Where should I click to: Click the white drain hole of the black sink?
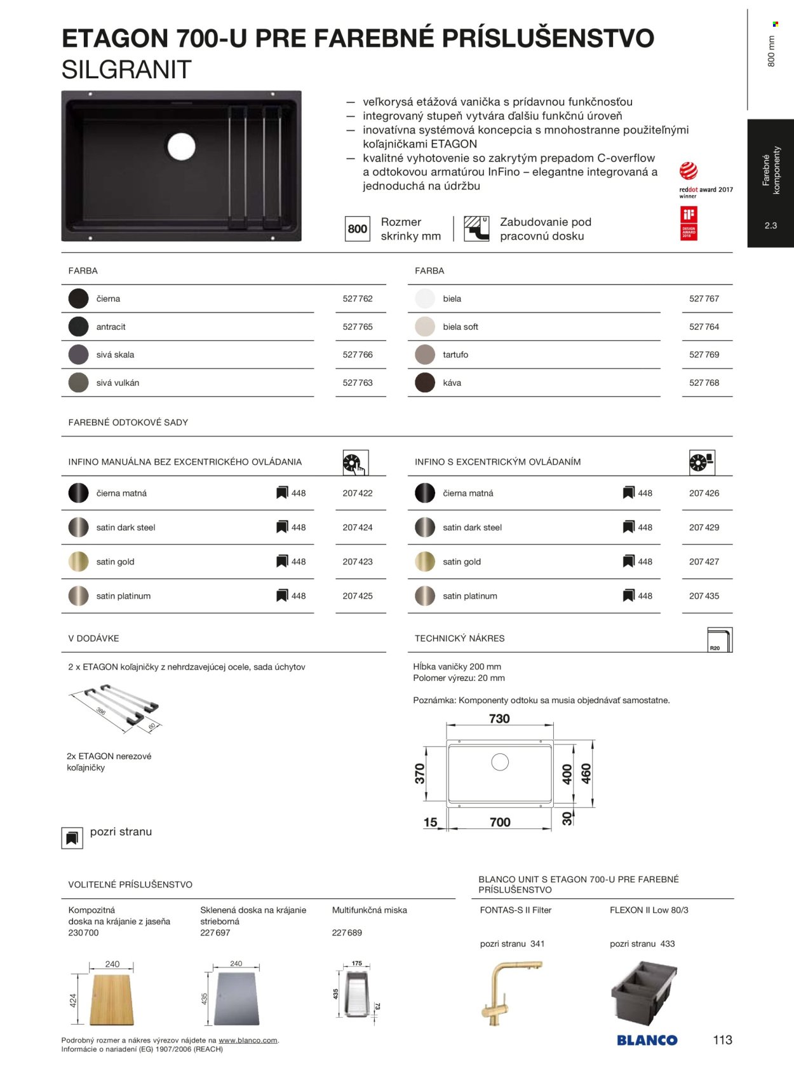point(181,146)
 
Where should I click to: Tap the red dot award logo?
point(689,170)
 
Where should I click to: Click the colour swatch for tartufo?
point(424,355)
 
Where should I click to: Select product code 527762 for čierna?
point(358,299)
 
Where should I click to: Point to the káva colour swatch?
point(424,383)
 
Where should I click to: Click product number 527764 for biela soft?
point(704,327)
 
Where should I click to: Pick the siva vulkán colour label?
point(118,383)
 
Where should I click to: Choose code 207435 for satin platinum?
point(704,596)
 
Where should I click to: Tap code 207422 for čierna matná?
point(358,493)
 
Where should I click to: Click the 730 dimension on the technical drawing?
point(499,719)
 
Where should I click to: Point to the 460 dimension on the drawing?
point(586,774)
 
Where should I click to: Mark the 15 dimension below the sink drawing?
point(431,823)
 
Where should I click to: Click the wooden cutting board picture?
point(112,998)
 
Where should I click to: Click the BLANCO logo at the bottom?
point(647,1041)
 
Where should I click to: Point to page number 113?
point(723,1040)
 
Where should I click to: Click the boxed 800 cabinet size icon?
point(358,229)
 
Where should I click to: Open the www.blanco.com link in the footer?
point(248,1041)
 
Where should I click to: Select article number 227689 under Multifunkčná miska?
point(347,933)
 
